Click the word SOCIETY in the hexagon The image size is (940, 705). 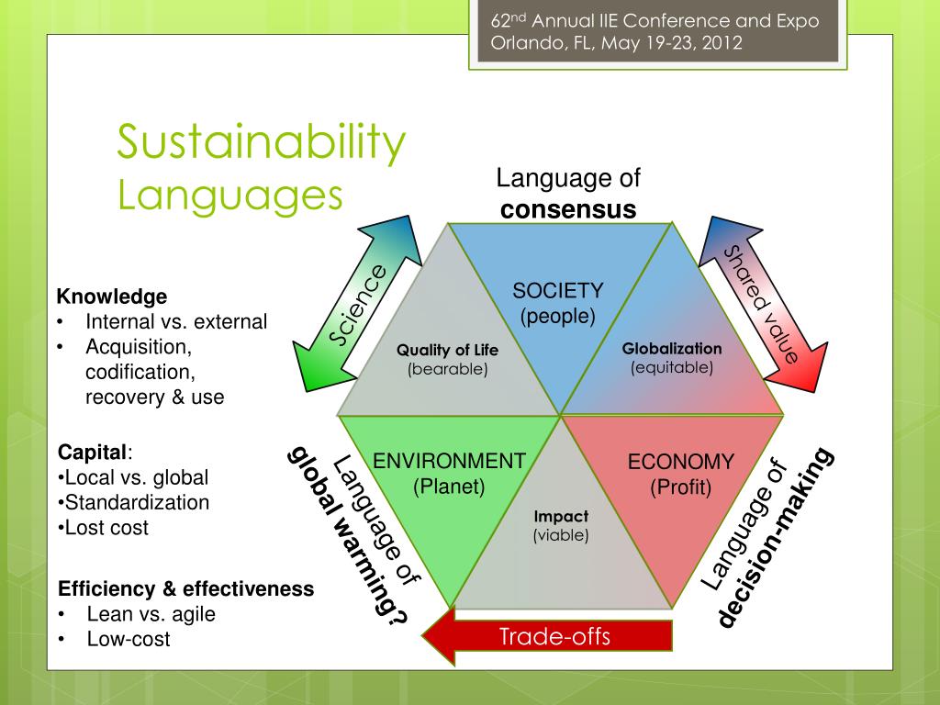pos(558,291)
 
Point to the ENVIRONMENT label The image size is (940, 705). pos(449,461)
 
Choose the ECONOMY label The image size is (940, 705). pos(681,462)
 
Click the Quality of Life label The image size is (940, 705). pos(448,350)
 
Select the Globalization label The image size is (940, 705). pos(672,349)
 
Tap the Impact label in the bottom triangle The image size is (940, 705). pos(561,517)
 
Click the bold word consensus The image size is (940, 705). pos(568,209)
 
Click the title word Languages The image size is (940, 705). pos(229,195)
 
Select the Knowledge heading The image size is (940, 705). pos(112,297)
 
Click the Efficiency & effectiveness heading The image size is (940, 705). pos(186,588)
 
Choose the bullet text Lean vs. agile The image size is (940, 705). pos(151,614)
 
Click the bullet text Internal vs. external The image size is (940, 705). pos(176,322)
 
